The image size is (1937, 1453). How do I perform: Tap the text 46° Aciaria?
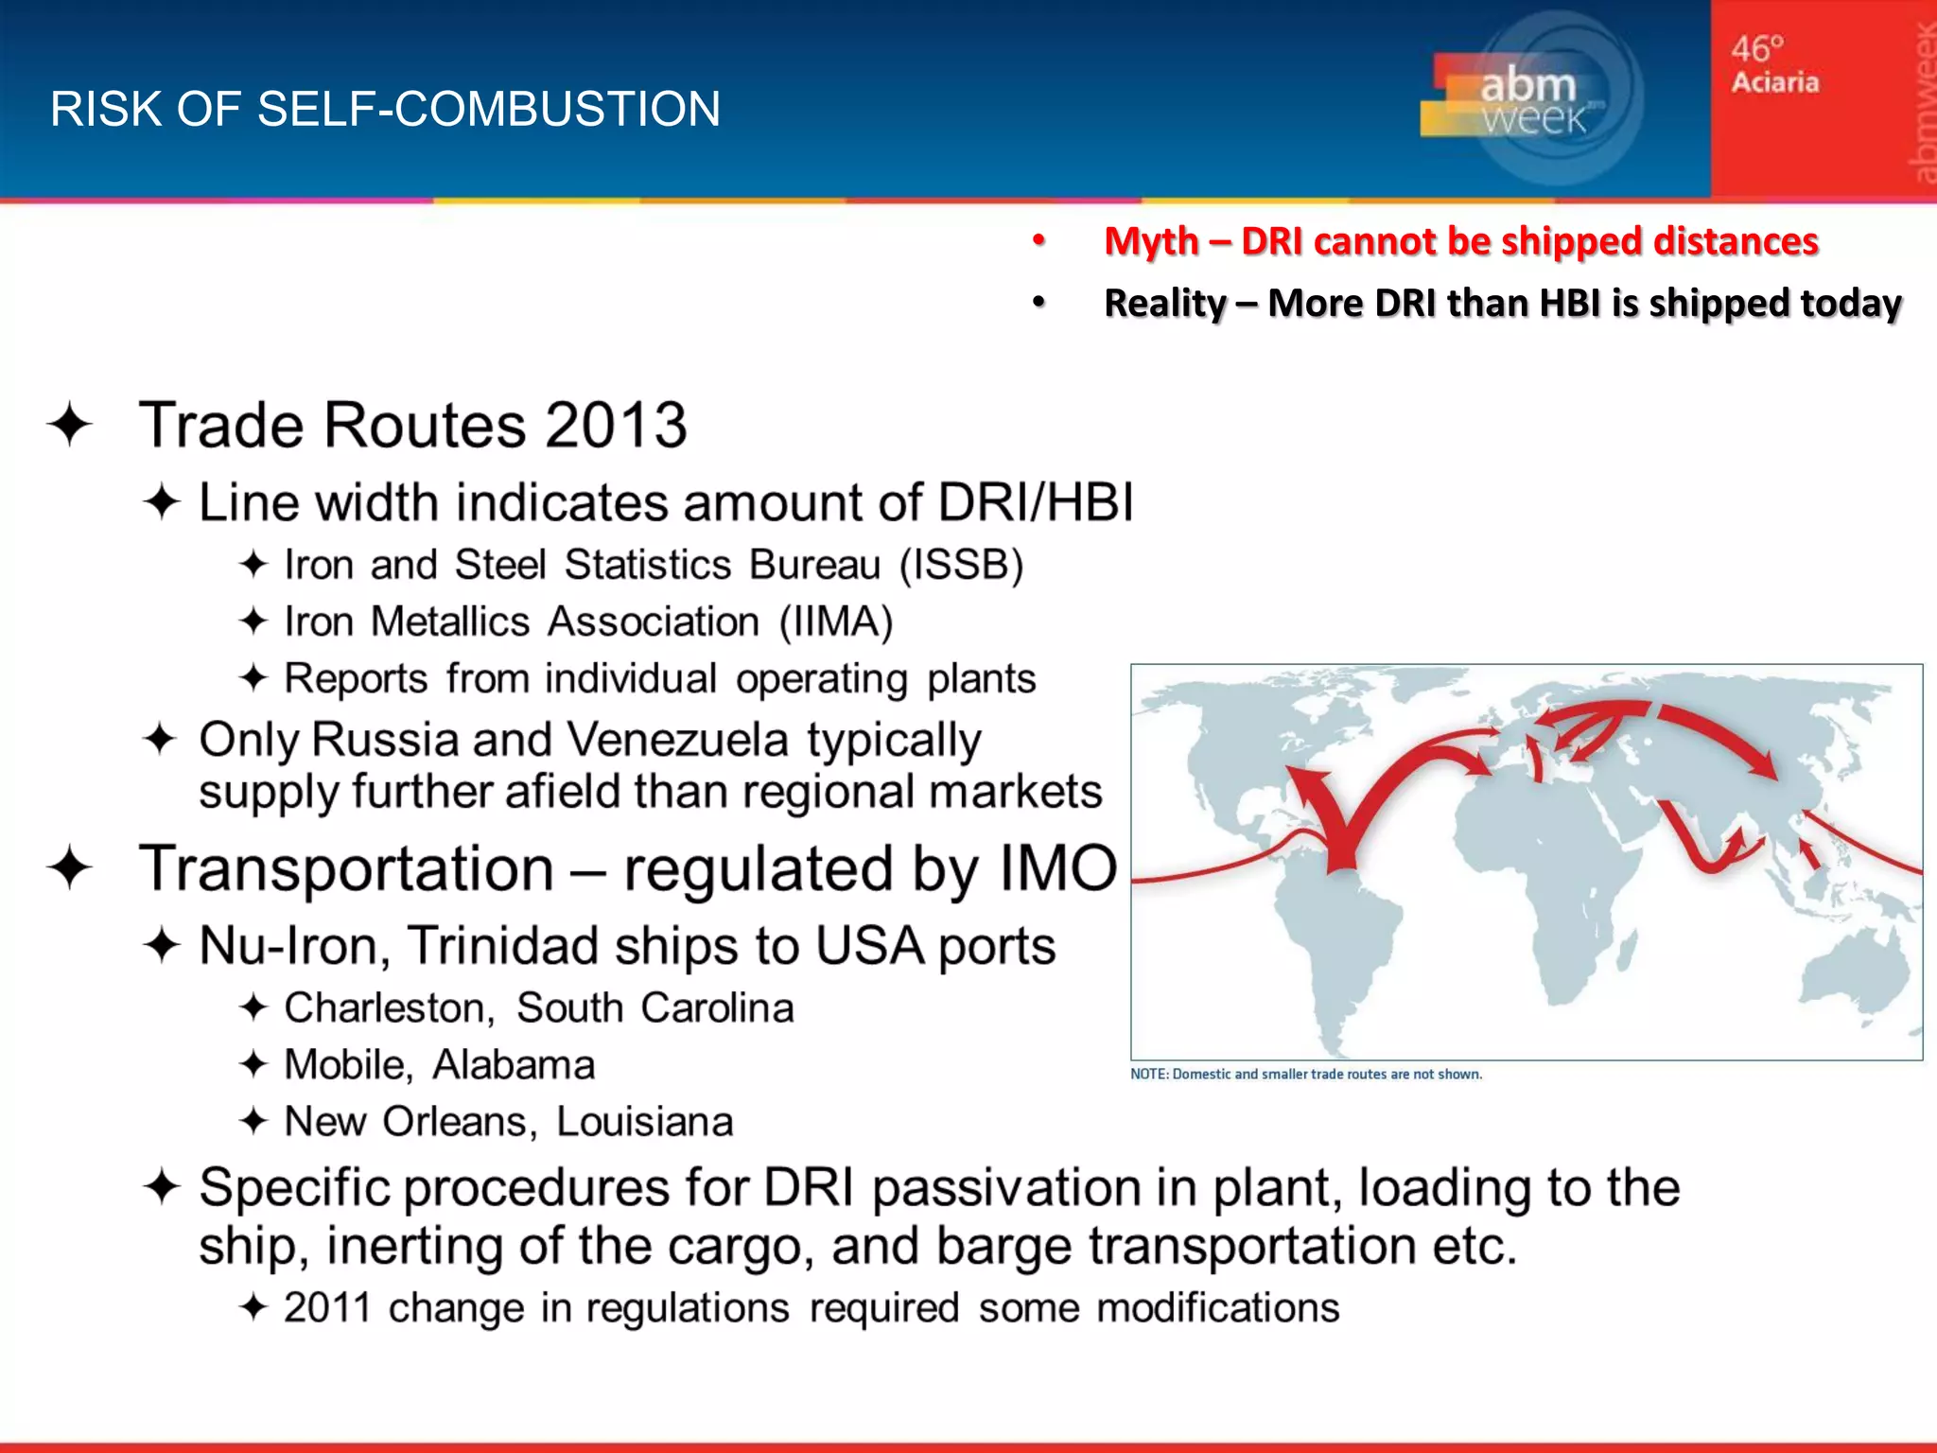coord(1774,64)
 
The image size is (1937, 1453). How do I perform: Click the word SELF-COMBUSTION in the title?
coord(548,109)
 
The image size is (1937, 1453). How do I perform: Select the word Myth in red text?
coord(1151,241)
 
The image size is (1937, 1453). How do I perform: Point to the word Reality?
coord(1164,304)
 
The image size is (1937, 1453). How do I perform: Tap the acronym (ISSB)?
coord(961,565)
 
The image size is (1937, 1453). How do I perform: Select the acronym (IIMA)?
coord(836,622)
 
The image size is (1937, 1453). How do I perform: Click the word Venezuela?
coord(677,740)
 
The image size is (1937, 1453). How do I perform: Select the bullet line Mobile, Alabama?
coord(439,1065)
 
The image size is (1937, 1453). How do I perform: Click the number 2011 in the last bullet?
coord(327,1308)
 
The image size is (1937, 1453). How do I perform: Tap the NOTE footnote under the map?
coord(1305,1075)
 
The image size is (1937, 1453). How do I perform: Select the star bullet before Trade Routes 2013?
coord(70,425)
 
